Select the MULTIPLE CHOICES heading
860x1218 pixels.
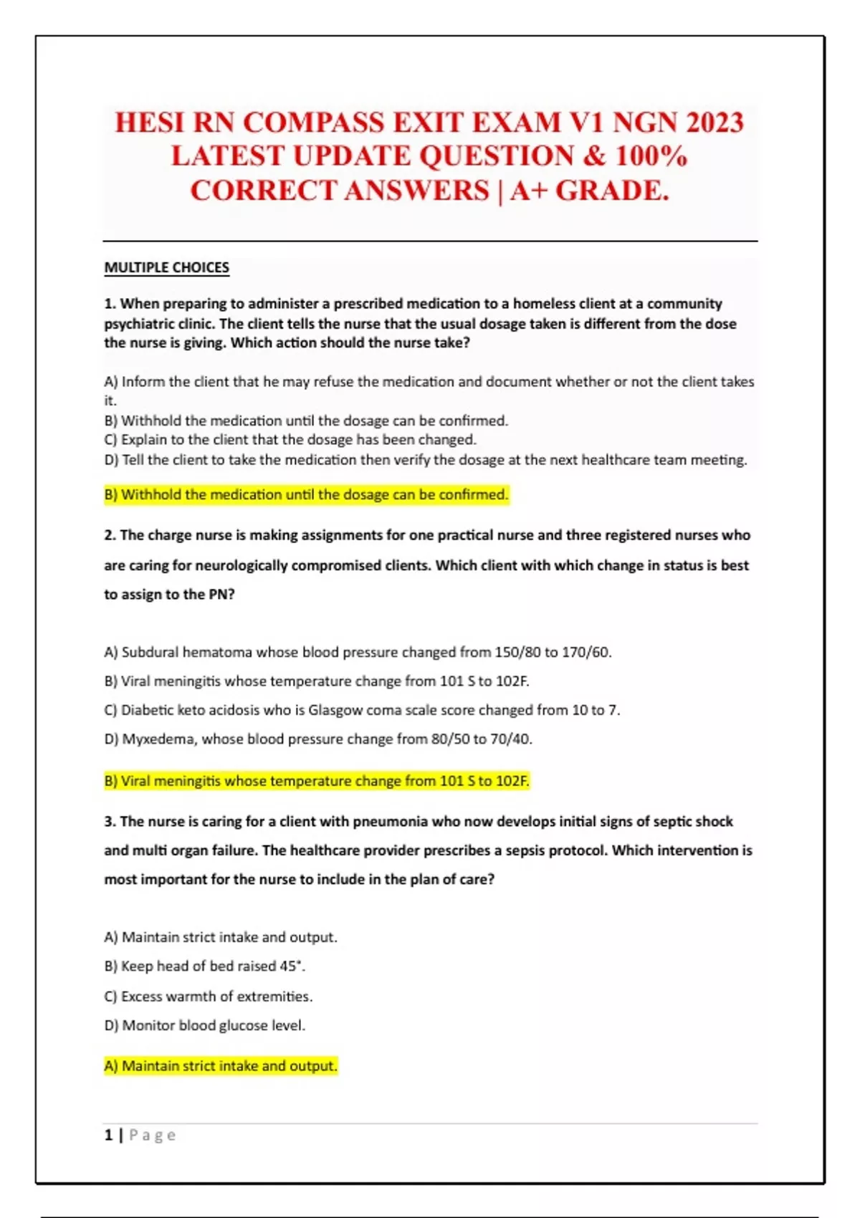pyautogui.click(x=167, y=268)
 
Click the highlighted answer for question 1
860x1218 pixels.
pyautogui.click(x=306, y=494)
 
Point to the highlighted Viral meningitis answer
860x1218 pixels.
pyautogui.click(x=316, y=781)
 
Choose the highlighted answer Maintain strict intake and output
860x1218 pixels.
pyautogui.click(x=220, y=1066)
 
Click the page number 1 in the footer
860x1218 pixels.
pyautogui.click(x=109, y=1135)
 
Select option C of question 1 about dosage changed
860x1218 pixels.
pyautogui.click(x=290, y=440)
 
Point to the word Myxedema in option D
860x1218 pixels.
pyautogui.click(x=158, y=739)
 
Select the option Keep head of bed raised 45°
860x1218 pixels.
pyautogui.click(x=204, y=967)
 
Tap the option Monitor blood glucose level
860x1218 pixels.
pyautogui.click(x=204, y=1026)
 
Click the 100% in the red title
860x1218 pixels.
pyautogui.click(x=651, y=157)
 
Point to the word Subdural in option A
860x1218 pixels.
pyautogui.click(x=150, y=653)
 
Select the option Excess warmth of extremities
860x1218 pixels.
pyautogui.click(x=208, y=997)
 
